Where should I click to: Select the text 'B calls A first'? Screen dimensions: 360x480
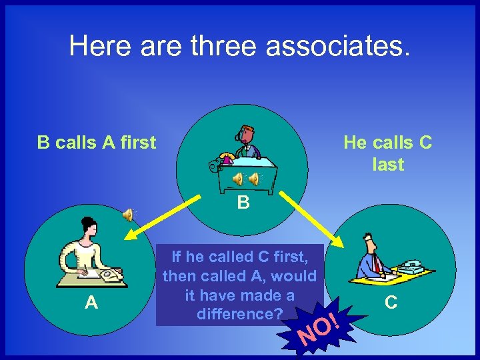point(96,142)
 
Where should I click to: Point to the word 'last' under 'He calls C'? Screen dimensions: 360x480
point(388,164)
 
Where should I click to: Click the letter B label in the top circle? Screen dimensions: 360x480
point(243,202)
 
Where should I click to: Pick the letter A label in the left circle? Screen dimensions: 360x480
point(91,303)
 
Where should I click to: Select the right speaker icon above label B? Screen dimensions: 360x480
point(255,179)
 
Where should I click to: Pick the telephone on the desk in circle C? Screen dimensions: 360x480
point(411,267)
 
